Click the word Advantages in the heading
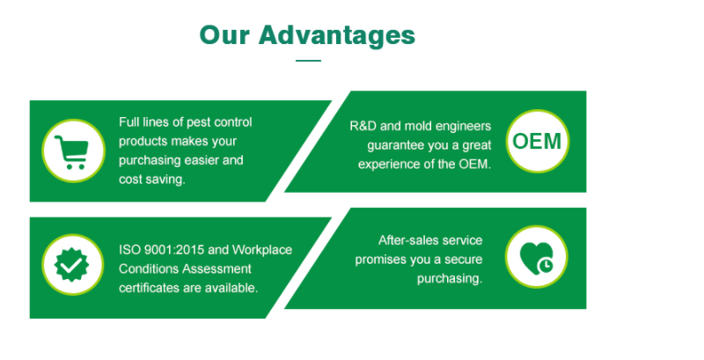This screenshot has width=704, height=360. pyautogui.click(x=337, y=36)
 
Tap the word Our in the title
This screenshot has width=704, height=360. pyautogui.click(x=224, y=35)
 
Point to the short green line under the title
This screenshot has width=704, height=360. pyautogui.click(x=309, y=61)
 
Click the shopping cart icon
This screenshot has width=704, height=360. pyautogui.click(x=72, y=151)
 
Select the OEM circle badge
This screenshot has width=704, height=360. pyautogui.click(x=537, y=142)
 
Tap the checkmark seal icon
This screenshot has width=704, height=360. pyautogui.click(x=71, y=265)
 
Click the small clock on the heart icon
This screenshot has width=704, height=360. pyautogui.click(x=546, y=265)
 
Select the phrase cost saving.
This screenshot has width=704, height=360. pyautogui.click(x=152, y=180)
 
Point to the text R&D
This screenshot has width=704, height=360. pyautogui.click(x=363, y=126)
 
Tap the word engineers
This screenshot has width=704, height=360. pyautogui.click(x=464, y=127)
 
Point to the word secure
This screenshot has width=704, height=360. pyautogui.click(x=464, y=260)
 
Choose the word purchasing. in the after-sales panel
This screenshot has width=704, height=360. pyautogui.click(x=450, y=279)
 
